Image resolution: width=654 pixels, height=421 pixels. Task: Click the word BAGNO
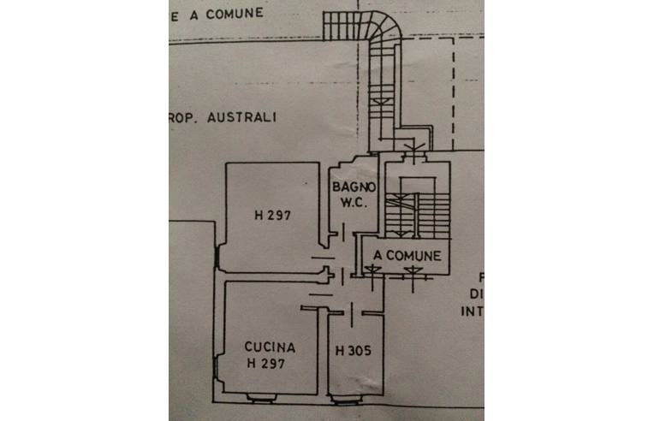coord(354,187)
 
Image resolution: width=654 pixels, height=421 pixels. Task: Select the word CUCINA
coord(270,347)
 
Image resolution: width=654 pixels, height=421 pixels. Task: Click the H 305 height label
coord(354,350)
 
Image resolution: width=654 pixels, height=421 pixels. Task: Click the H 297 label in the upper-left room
coord(273,216)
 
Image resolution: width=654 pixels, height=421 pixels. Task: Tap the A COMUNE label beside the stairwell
coord(407,255)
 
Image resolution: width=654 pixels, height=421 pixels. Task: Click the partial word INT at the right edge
coord(473,311)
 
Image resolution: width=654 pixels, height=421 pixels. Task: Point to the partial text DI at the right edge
coord(476,294)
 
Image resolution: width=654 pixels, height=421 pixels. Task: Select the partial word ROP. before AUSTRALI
coord(184,118)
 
